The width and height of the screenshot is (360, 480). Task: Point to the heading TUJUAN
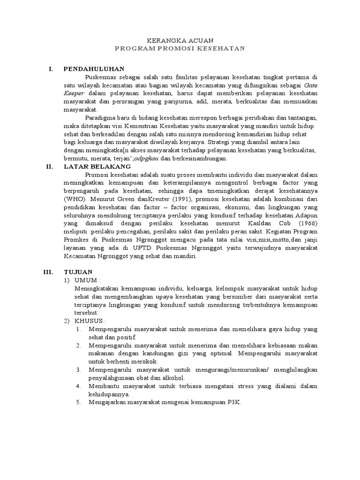tap(78, 271)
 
